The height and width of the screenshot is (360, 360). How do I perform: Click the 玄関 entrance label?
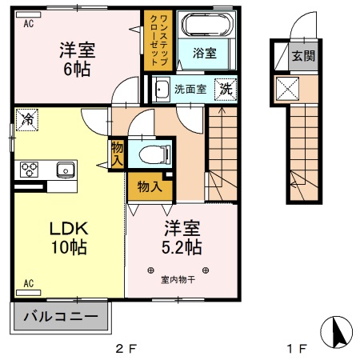(302, 56)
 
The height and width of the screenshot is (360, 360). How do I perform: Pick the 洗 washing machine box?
(226, 89)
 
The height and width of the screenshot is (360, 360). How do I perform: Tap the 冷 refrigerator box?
(26, 121)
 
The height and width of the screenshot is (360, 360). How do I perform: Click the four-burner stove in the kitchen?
(30, 169)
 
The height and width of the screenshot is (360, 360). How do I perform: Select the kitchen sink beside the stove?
(64, 170)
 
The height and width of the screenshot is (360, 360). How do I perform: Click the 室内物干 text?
(178, 279)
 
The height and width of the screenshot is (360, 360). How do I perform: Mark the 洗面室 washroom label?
(190, 90)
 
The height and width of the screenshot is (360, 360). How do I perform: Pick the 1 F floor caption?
(298, 349)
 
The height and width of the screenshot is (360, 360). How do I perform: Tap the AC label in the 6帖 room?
(28, 23)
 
